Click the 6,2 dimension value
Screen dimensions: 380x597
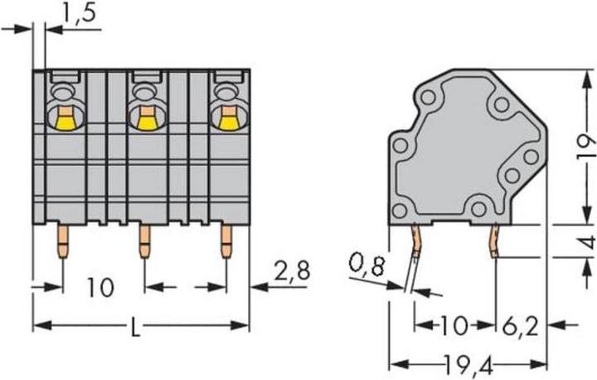[x=520, y=324]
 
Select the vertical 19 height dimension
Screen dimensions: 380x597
[x=585, y=149]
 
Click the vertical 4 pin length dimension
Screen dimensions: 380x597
[x=585, y=242]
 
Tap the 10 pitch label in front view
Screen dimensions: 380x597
[x=101, y=288]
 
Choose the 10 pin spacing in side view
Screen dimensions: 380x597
[x=455, y=324]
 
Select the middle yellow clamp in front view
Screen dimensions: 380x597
[x=145, y=120]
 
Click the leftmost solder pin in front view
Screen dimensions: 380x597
[x=62, y=243]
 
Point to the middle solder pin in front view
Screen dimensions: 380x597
[x=144, y=243]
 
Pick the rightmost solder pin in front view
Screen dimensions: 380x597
[x=225, y=243]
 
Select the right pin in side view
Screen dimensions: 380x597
[x=495, y=241]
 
